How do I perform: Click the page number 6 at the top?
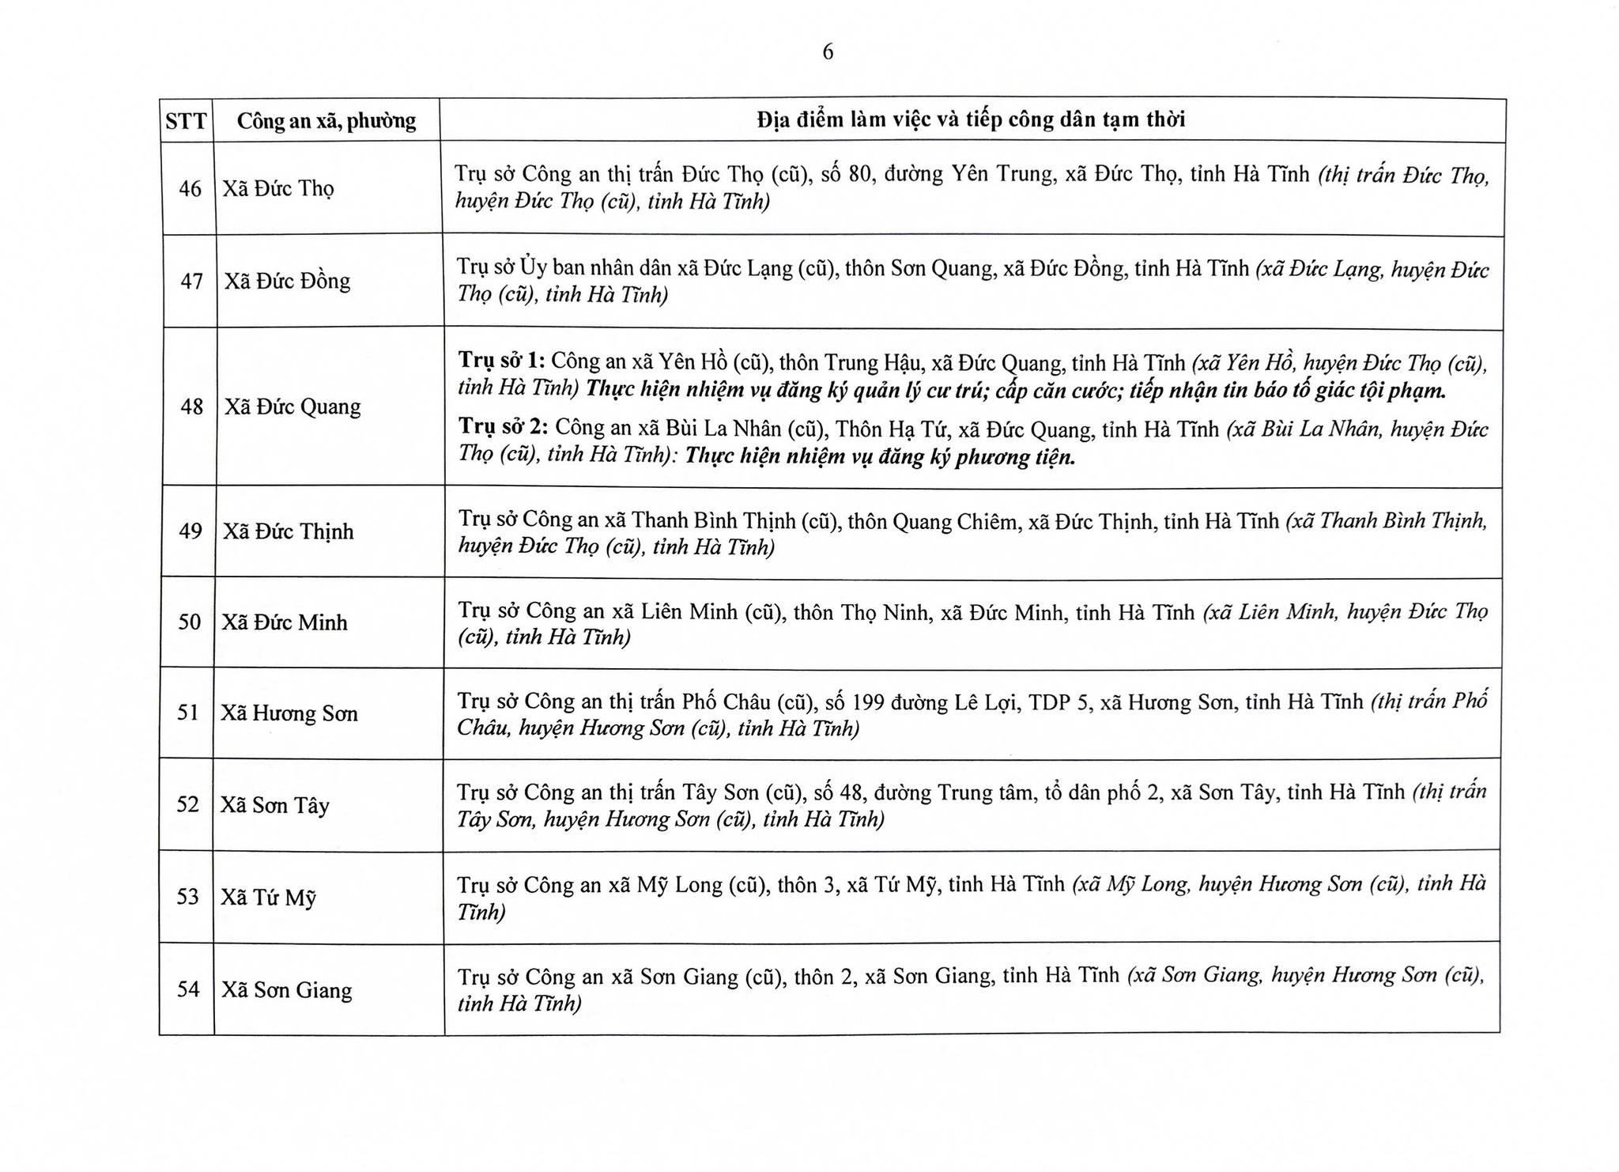pos(828,52)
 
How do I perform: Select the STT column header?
pos(186,121)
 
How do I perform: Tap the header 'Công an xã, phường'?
pos(326,121)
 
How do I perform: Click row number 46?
pos(190,189)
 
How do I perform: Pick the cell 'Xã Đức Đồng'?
pos(287,282)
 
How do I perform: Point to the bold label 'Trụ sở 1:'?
pos(501,361)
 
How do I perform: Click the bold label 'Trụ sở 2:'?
pos(504,427)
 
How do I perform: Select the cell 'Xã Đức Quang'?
pos(292,406)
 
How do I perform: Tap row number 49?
pos(191,531)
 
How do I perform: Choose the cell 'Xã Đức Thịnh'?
pos(288,531)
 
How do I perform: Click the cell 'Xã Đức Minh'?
pos(285,622)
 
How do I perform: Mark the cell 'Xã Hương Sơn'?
pos(289,713)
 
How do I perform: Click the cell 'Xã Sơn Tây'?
pos(274,805)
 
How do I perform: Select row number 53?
pos(188,897)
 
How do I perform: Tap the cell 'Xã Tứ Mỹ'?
pos(268,898)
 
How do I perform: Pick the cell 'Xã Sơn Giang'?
pos(286,989)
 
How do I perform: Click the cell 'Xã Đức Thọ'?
pos(278,189)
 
